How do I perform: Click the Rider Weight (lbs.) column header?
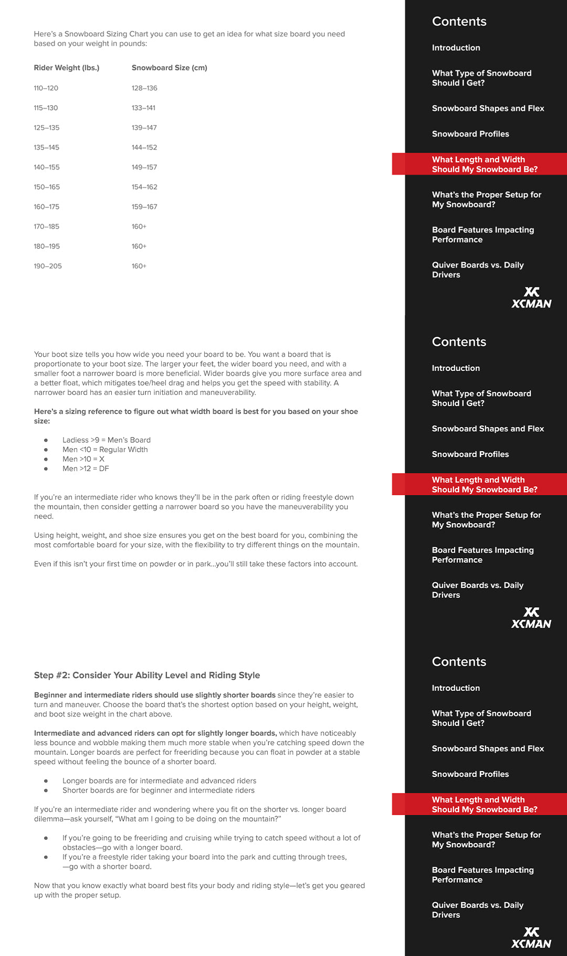[67, 68]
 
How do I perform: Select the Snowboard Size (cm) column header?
[169, 68]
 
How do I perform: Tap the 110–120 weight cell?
[46, 88]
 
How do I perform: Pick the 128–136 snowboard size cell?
[144, 88]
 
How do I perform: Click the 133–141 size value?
[143, 108]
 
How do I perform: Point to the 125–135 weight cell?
[47, 128]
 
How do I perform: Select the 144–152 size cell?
[144, 148]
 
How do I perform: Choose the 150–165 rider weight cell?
[47, 187]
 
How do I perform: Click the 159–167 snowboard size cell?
[144, 207]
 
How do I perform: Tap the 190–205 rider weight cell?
[48, 266]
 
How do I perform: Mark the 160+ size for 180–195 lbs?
[139, 246]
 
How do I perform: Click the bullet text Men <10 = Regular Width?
[105, 450]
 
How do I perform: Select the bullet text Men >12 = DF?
[86, 469]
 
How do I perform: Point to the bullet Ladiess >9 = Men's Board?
[106, 440]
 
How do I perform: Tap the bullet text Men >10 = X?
[83, 459]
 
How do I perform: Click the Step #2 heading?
[147, 676]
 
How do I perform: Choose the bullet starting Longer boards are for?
[159, 781]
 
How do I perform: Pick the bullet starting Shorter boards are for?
[158, 791]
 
